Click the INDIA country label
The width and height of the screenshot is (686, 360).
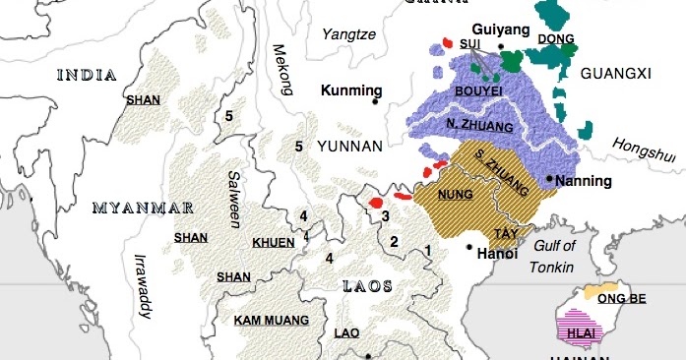88,75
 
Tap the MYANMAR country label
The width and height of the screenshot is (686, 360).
142,209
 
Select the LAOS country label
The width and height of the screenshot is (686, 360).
366,286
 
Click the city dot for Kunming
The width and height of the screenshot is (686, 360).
375,101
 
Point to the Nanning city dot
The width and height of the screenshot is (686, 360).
549,178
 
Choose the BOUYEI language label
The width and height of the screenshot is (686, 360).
478,90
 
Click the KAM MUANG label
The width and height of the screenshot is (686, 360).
271,320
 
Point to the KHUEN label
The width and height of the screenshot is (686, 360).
271,242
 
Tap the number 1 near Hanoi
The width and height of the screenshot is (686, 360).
428,251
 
